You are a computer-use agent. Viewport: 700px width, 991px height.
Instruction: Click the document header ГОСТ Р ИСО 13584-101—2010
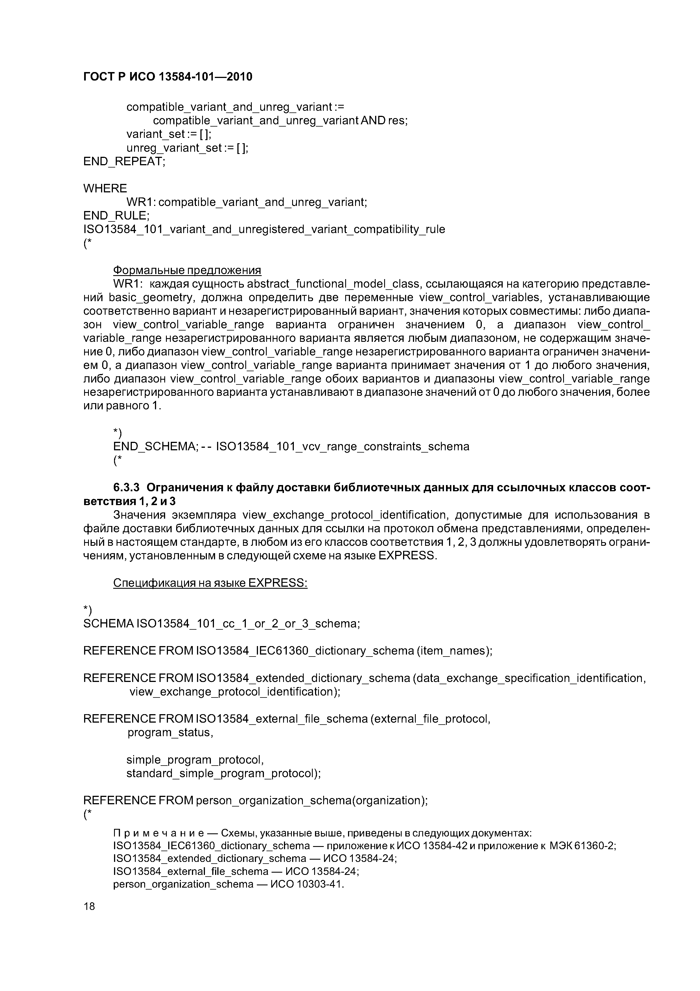(x=167, y=77)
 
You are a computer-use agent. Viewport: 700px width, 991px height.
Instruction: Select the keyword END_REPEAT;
(x=124, y=161)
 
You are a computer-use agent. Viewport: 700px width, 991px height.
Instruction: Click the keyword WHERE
(x=105, y=188)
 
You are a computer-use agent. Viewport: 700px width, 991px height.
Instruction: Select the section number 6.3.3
(x=126, y=487)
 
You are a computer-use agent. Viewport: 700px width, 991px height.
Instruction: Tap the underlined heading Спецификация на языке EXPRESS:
(x=210, y=583)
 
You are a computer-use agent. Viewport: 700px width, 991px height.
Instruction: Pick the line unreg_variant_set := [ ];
(x=187, y=148)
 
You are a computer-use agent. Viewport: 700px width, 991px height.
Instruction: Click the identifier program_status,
(x=170, y=733)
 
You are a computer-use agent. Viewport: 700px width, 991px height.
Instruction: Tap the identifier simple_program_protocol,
(x=195, y=760)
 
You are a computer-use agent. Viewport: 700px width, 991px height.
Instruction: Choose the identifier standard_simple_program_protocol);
(x=224, y=773)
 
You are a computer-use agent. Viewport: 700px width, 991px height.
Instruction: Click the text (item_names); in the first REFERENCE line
(x=454, y=651)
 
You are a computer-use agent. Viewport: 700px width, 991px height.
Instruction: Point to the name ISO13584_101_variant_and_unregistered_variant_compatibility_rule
(x=264, y=229)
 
